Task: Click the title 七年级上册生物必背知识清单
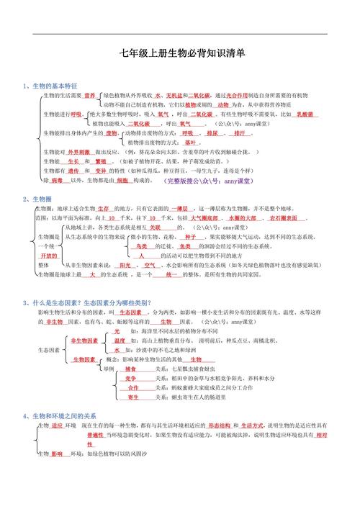(x=182, y=53)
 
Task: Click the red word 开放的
(x=48, y=256)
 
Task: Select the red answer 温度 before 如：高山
(x=120, y=340)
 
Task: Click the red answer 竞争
(x=130, y=378)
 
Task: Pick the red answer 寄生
(x=133, y=397)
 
